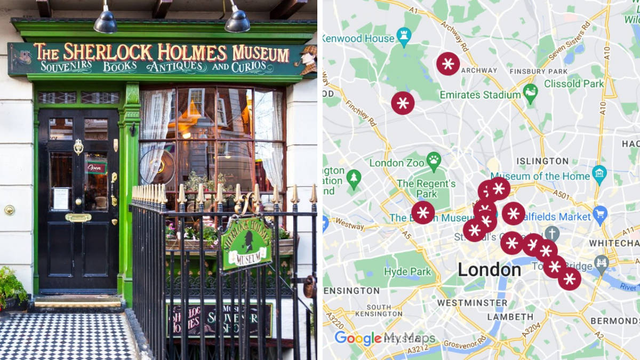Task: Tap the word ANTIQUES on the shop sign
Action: click(x=177, y=67)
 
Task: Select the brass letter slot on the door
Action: click(x=78, y=217)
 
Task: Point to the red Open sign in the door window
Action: click(x=97, y=167)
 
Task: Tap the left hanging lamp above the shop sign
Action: click(x=106, y=22)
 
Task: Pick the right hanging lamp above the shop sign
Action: click(x=237, y=21)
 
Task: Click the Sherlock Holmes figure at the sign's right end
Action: click(x=308, y=59)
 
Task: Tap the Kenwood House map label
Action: click(x=357, y=38)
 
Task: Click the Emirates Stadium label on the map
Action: click(x=479, y=95)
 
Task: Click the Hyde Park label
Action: click(x=407, y=271)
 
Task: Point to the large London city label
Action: click(x=489, y=270)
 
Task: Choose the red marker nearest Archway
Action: click(x=448, y=63)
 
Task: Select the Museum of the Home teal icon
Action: click(x=599, y=175)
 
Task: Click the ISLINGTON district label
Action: click(x=542, y=161)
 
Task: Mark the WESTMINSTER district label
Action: click(x=465, y=303)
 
